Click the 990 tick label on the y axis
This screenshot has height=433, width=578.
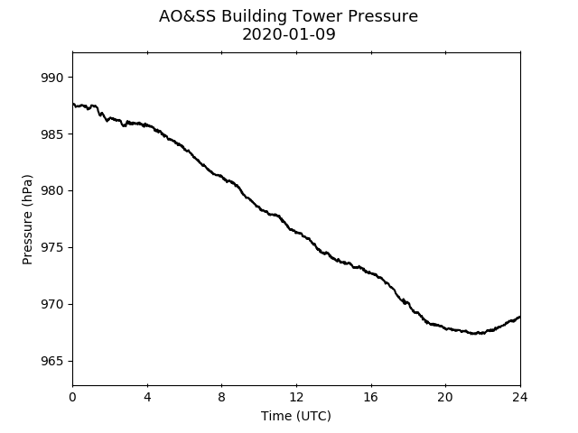pos(52,78)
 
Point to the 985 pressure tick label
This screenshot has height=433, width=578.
pos(52,134)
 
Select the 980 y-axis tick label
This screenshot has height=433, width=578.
pos(52,191)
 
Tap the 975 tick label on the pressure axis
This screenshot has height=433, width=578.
pos(52,248)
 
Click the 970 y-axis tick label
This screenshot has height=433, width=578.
pos(52,305)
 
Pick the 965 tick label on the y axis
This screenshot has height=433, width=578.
pos(52,361)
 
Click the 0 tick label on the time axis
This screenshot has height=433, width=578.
pos(72,397)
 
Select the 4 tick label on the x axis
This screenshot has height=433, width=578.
pos(147,397)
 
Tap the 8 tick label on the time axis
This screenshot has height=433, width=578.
pos(221,397)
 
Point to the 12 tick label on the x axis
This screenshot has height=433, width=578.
pos(296,397)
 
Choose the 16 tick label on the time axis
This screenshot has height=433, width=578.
pos(371,397)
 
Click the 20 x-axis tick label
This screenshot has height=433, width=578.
pos(445,397)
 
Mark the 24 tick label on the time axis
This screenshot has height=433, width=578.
pos(520,397)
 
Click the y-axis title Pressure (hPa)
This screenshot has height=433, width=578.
pos(27,219)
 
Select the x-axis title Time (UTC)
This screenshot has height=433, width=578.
pos(296,416)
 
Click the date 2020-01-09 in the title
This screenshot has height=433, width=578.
pos(289,34)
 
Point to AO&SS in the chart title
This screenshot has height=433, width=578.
pos(187,16)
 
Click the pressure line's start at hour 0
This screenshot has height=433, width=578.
pos(73,105)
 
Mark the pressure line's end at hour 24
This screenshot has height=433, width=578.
pos(520,317)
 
